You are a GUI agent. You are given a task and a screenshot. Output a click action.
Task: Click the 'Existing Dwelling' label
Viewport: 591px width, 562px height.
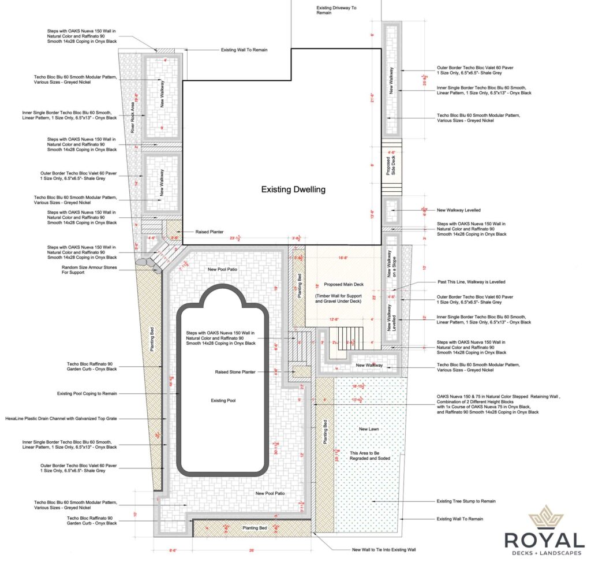(x=293, y=189)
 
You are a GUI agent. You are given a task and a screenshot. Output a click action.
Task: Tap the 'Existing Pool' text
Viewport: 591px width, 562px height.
(x=223, y=400)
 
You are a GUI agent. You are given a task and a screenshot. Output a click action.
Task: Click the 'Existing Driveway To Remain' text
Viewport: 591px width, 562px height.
(x=337, y=11)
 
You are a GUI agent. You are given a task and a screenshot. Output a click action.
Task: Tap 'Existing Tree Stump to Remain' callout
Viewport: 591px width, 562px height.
(x=466, y=501)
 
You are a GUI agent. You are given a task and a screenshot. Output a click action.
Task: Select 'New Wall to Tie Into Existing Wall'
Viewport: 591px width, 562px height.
(x=383, y=550)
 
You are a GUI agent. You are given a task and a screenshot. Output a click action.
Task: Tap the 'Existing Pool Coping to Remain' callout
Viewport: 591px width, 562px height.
(x=87, y=393)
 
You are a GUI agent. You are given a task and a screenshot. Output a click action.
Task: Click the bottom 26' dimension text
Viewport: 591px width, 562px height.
(x=252, y=550)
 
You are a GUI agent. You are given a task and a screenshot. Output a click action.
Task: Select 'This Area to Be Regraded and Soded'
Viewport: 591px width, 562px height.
(x=370, y=455)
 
